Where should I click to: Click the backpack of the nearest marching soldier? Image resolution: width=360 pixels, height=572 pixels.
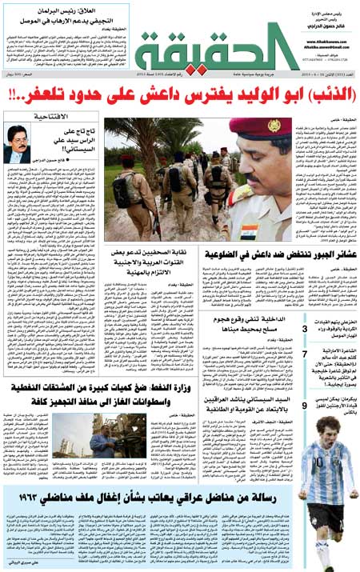pos(122,189)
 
